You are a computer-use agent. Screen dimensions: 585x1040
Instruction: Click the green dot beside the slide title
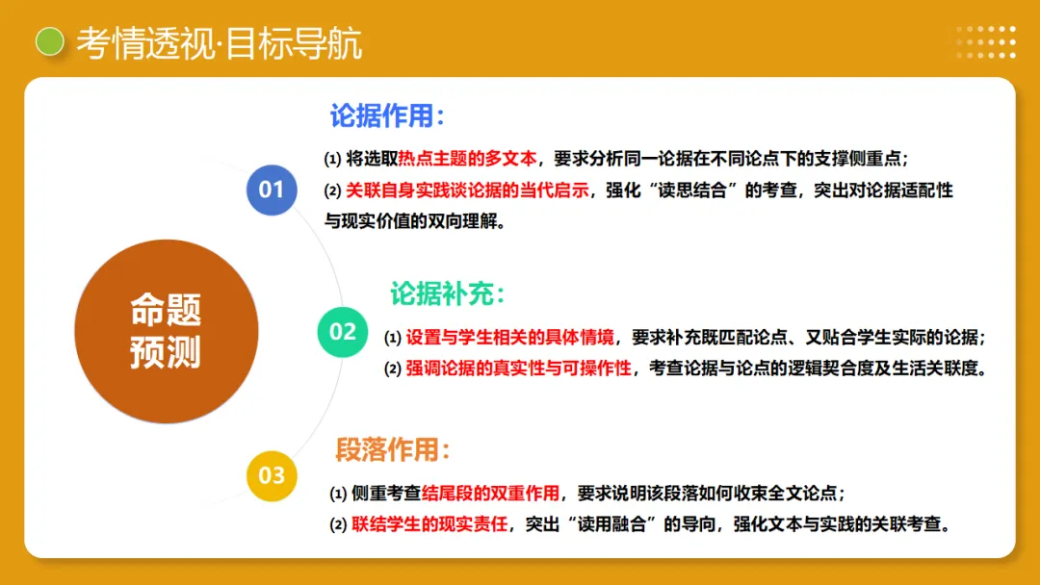tap(49, 41)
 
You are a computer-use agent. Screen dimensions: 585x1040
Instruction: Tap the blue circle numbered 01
tap(272, 190)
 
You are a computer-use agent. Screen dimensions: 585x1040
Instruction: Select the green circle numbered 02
tap(343, 332)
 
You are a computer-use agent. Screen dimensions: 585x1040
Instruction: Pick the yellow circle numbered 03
tap(272, 474)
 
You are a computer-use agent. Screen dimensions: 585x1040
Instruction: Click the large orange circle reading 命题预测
tap(167, 332)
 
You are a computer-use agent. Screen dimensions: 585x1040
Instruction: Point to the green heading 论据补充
tap(448, 293)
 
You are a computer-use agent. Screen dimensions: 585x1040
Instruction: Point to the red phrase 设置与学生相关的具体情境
tap(509, 338)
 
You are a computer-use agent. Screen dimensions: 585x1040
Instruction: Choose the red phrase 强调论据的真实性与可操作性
tap(518, 369)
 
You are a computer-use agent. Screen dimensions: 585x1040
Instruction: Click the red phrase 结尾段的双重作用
tap(491, 494)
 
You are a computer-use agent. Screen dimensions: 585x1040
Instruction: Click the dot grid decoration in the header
tap(985, 41)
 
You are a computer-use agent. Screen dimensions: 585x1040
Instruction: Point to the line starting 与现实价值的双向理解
tap(414, 221)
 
